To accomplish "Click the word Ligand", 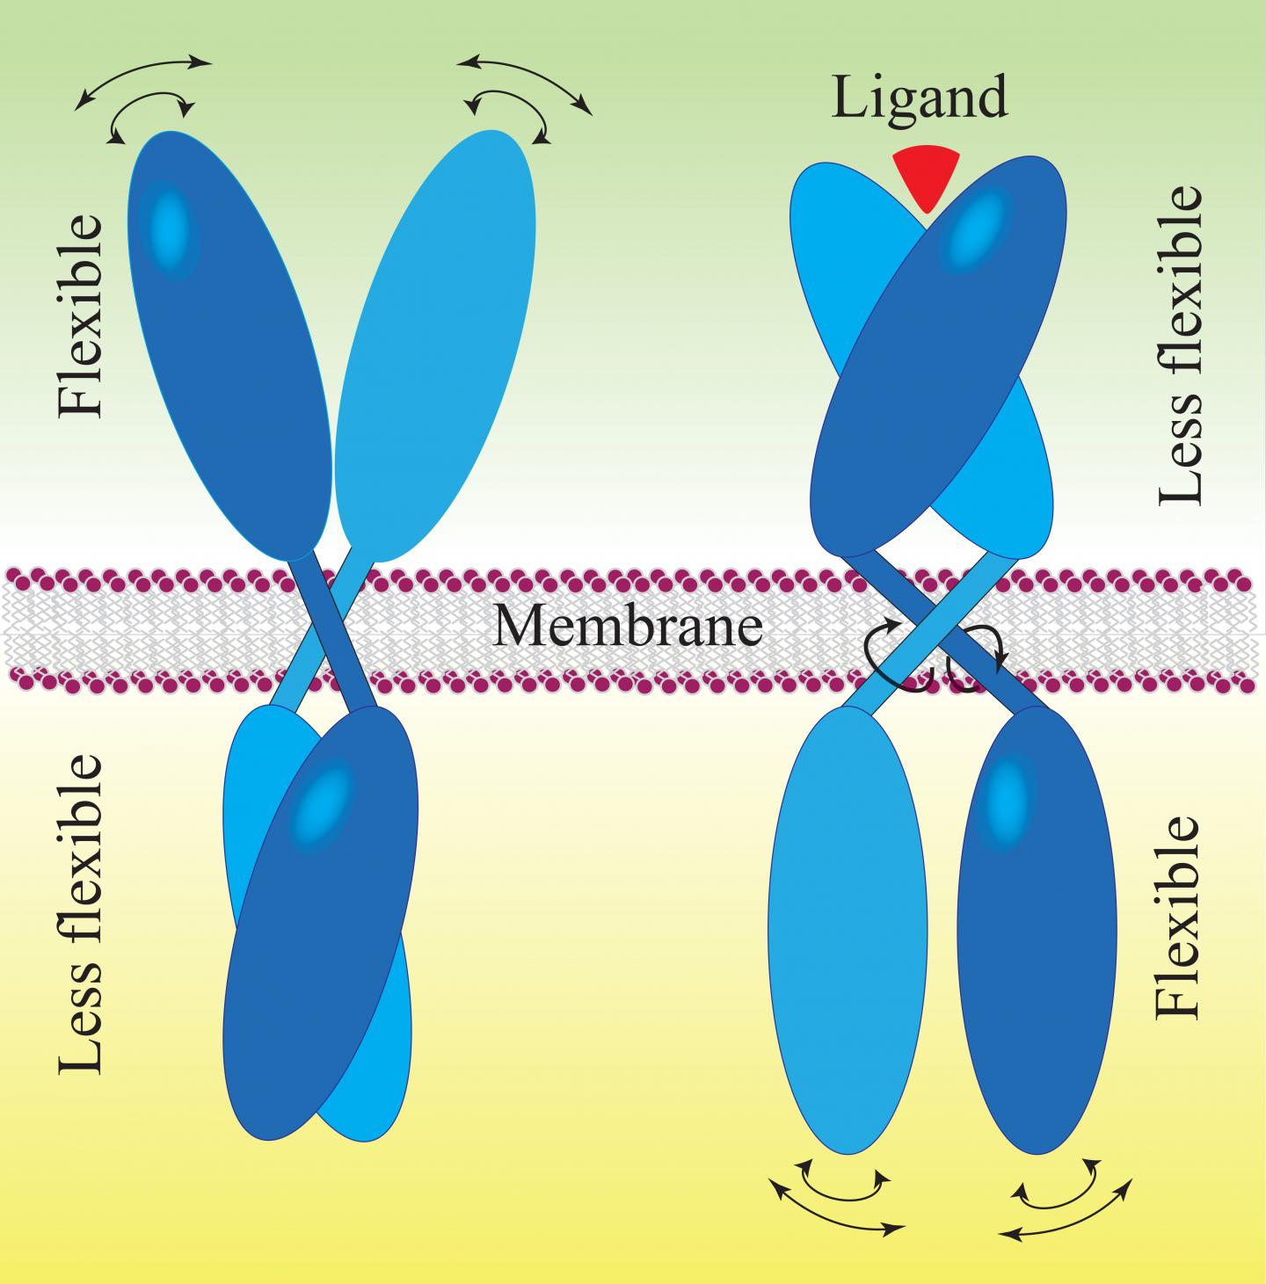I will pos(920,97).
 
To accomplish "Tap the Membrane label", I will pos(628,626).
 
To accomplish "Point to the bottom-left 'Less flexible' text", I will pos(81,914).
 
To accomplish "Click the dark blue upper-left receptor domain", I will pos(229,352).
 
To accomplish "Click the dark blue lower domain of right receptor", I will pos(1037,932).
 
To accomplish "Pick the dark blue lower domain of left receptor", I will pos(316,923).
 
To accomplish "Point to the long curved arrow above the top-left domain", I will pos(143,79).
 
